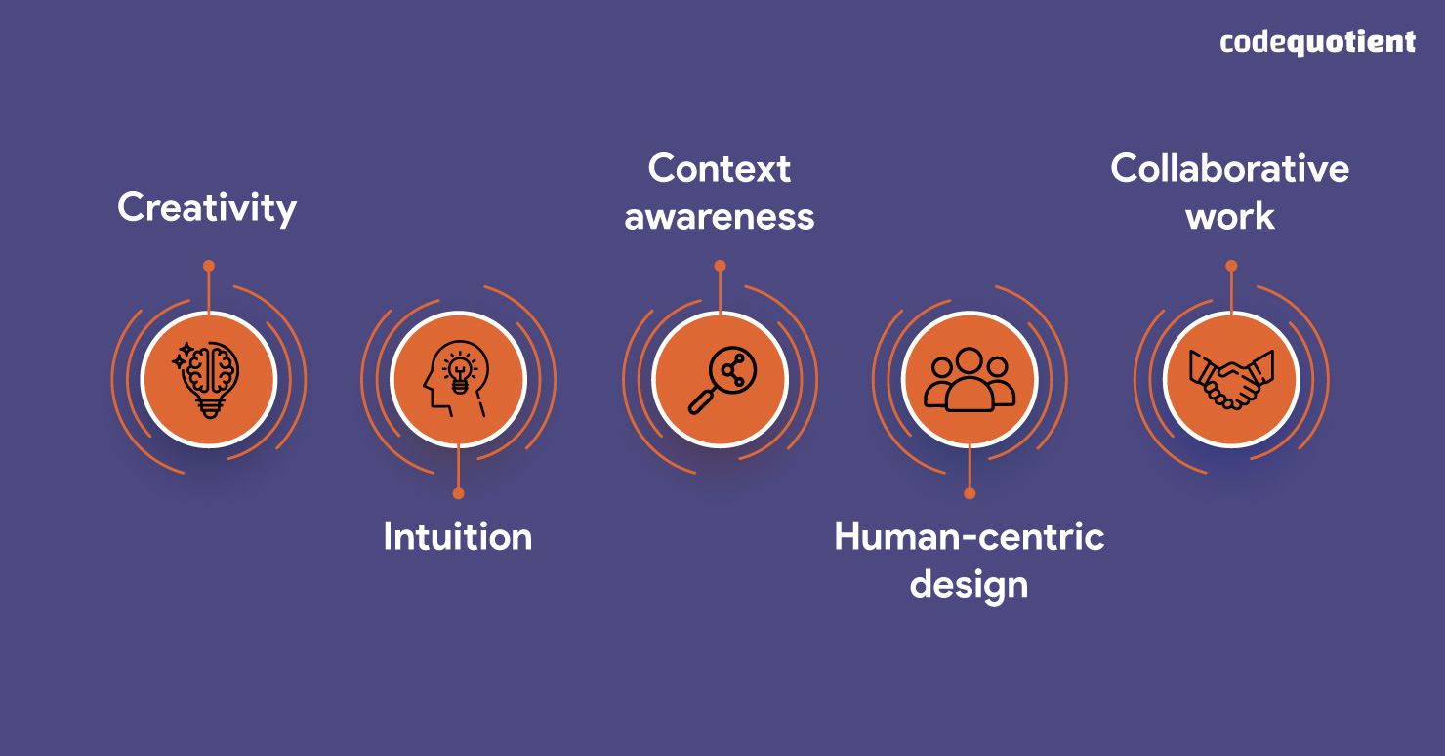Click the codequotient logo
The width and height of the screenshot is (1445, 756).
coord(1317,42)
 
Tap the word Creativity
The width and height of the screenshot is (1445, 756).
coord(207,208)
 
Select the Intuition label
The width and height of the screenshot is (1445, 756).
coord(458,537)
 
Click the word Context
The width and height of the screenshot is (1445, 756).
coord(720,169)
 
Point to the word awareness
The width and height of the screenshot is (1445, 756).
coord(720,216)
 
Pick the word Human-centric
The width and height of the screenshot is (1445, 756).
coord(969,537)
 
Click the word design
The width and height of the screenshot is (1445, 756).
coord(969,584)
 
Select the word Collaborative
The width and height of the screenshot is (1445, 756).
coord(1230,169)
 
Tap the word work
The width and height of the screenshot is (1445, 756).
coord(1230,216)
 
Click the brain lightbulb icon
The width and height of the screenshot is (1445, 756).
coord(209,379)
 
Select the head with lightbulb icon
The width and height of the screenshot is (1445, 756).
coord(458,379)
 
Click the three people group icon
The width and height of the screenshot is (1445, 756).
coord(970,379)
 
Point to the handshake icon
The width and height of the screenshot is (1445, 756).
coord(1231,379)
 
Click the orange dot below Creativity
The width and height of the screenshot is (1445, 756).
coord(209,266)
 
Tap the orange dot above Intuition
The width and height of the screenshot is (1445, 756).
coord(458,493)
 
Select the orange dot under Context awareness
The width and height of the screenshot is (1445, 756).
coord(720,266)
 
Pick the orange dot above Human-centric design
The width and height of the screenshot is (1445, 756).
coord(970,493)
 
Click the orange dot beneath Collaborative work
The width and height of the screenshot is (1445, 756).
coord(1231,266)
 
